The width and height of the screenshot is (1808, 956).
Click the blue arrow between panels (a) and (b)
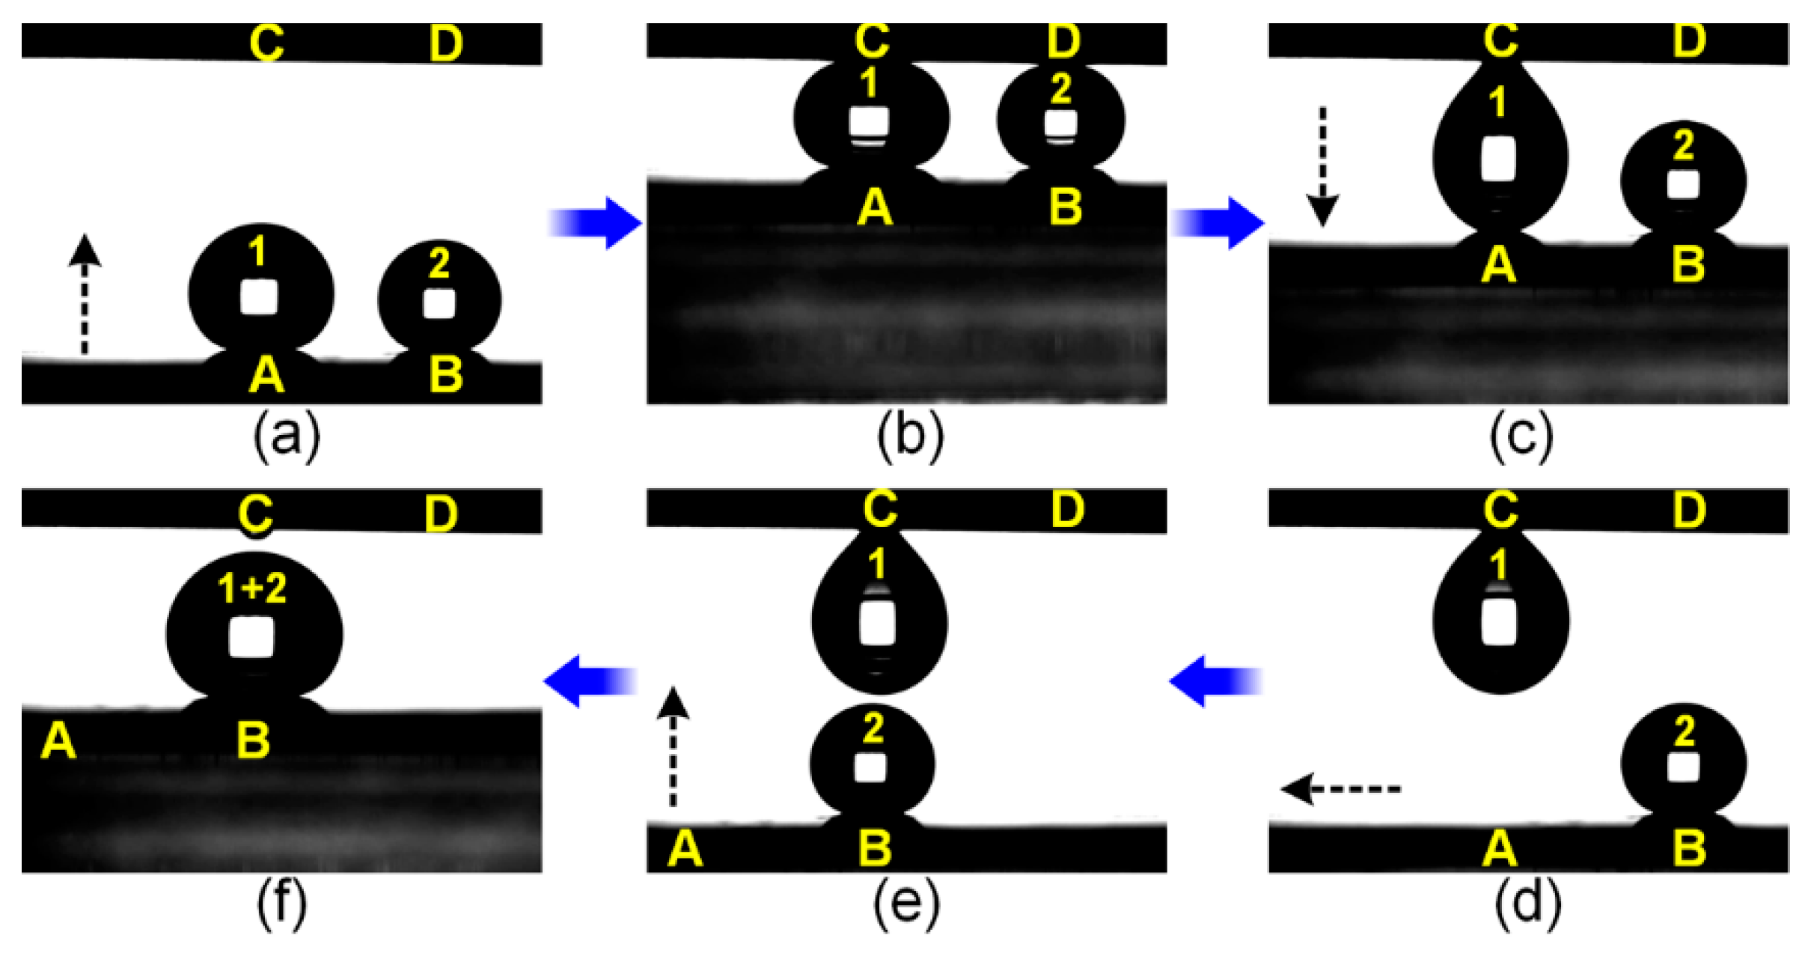[596, 223]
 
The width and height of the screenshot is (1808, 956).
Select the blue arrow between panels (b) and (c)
[1218, 223]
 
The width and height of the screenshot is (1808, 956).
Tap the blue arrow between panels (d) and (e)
[1216, 681]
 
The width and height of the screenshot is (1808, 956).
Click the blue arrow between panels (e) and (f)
[590, 681]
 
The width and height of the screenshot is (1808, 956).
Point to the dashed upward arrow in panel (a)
[85, 293]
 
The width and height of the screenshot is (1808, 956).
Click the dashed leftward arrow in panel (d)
[1340, 789]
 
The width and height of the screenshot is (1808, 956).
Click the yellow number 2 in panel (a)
[439, 264]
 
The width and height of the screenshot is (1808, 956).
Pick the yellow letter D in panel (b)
[1063, 41]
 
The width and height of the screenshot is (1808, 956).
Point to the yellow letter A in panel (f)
[59, 741]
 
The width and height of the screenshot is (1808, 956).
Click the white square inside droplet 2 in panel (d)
[1682, 767]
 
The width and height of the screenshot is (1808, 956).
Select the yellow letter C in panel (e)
[880, 509]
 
